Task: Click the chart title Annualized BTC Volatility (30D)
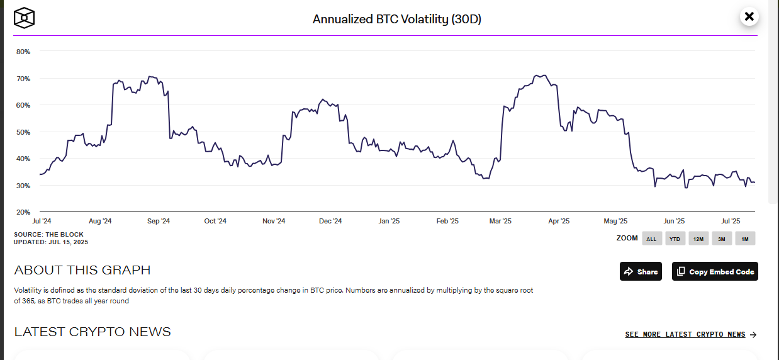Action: pyautogui.click(x=396, y=19)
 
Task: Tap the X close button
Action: pyautogui.click(x=749, y=17)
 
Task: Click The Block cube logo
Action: pyautogui.click(x=24, y=18)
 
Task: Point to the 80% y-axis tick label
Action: pyautogui.click(x=23, y=52)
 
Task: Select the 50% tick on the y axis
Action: pyautogui.click(x=23, y=132)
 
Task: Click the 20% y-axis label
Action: pyautogui.click(x=23, y=212)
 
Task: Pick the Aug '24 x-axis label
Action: pyautogui.click(x=100, y=222)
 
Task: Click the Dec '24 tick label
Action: pyautogui.click(x=330, y=222)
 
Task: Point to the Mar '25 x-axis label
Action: pyautogui.click(x=500, y=222)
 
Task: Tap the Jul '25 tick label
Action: pyautogui.click(x=730, y=222)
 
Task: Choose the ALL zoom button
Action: pyautogui.click(x=651, y=239)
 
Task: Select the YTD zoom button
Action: pyautogui.click(x=675, y=239)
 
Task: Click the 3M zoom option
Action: pyautogui.click(x=721, y=239)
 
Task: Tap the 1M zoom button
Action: pyautogui.click(x=744, y=239)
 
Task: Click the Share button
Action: pyautogui.click(x=641, y=271)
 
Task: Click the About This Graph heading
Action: pyautogui.click(x=82, y=271)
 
